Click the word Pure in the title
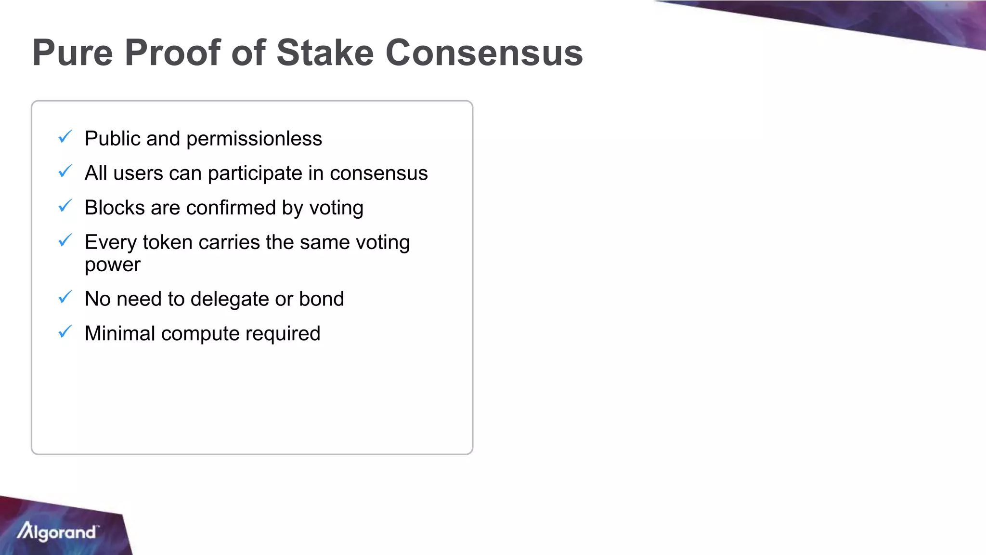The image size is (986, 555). [73, 53]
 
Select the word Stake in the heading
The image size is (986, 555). [325, 53]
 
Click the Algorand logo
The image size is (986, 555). [57, 532]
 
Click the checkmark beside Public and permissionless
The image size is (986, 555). [65, 137]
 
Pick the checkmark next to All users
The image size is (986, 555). [65, 171]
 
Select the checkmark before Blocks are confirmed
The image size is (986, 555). [65, 206]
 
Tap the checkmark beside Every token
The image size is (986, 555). [65, 240]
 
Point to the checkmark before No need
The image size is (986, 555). [65, 297]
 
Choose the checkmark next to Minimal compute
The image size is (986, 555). [65, 331]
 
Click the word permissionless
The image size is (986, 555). [254, 139]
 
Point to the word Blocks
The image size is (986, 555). [115, 208]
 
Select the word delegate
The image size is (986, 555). [230, 299]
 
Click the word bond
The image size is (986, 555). [322, 299]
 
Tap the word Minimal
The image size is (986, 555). [120, 333]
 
